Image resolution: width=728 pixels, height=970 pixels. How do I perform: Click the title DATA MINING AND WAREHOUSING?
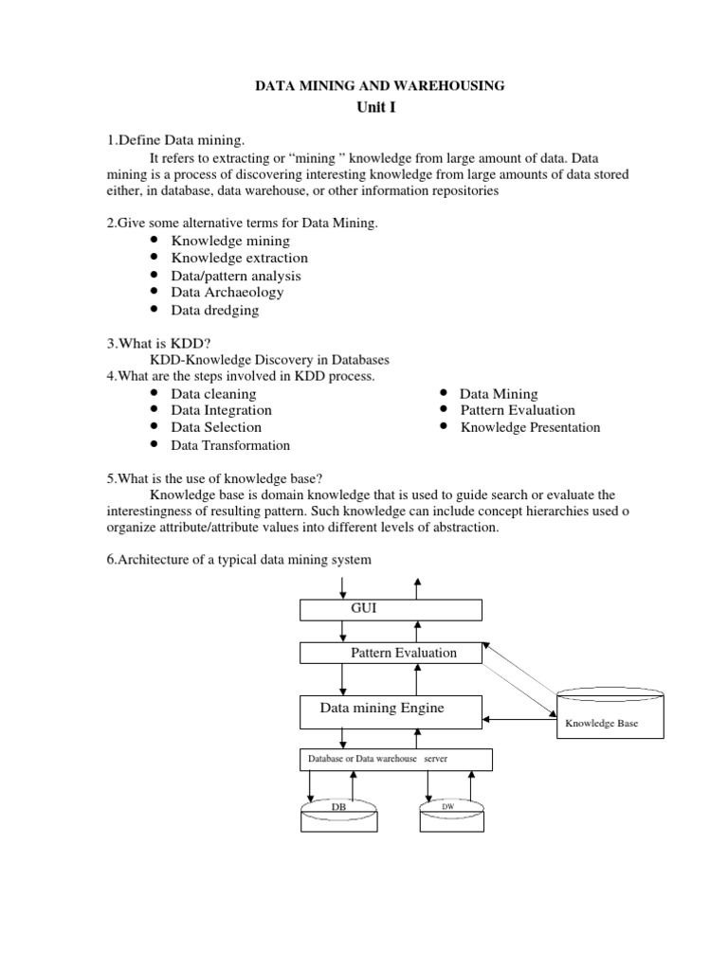(381, 86)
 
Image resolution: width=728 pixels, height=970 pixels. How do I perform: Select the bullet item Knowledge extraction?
(239, 258)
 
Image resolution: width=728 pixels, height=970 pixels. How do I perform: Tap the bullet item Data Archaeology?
(227, 292)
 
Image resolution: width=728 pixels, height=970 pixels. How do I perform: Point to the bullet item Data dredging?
(214, 310)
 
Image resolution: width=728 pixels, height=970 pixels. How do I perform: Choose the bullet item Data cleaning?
(213, 393)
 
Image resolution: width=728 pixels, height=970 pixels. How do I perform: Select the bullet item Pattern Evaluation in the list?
(518, 410)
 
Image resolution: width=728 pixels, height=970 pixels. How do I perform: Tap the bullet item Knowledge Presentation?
(530, 427)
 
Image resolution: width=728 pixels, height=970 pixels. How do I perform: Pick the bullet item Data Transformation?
(230, 445)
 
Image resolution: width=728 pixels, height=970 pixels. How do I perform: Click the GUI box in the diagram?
(390, 609)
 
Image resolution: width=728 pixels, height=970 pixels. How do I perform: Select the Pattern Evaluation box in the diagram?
(391, 653)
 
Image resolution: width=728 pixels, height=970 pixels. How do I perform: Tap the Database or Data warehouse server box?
(396, 760)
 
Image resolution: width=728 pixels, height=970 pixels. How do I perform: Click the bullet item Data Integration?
(221, 410)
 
